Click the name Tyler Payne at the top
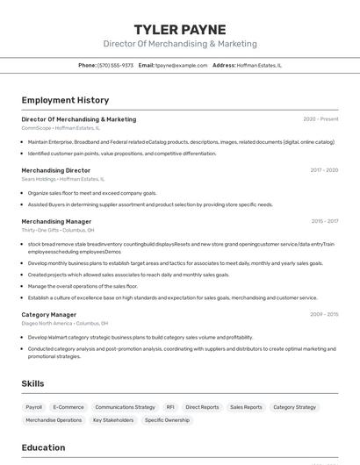179,29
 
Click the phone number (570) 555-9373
115,65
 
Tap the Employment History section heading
65,100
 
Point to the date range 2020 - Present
320,119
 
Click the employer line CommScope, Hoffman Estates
61,128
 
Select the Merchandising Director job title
55,170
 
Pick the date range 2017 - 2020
324,170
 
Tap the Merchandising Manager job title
56,221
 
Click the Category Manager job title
48,314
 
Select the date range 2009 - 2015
324,314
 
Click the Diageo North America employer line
66,323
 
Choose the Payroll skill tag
33,407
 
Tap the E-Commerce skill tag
68,407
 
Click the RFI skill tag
170,407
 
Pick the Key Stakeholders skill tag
113,420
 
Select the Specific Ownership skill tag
167,420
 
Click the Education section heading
43,447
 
